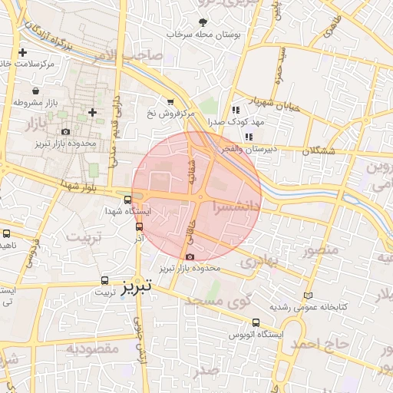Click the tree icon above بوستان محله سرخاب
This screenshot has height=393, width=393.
tap(203, 22)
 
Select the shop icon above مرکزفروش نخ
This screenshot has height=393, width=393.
tap(170, 101)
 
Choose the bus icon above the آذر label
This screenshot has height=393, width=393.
tap(139, 226)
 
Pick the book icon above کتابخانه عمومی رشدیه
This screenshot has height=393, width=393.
tap(309, 296)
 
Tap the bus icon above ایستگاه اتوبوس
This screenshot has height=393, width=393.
tap(256, 323)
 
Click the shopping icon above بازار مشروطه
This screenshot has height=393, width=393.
tap(37, 91)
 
